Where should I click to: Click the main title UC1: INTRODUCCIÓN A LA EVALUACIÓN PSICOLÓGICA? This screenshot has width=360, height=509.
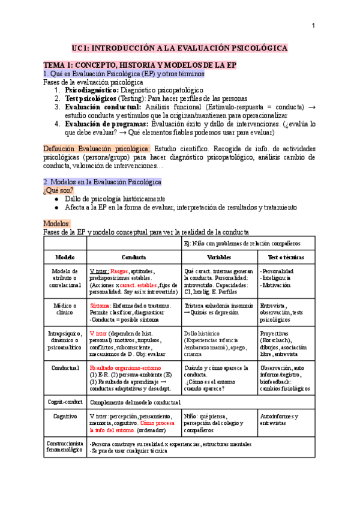pyautogui.click(x=179, y=47)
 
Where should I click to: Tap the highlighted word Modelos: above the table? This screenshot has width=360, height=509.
pyautogui.click(x=57, y=223)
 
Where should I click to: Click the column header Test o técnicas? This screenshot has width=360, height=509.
pyautogui.click(x=286, y=257)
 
